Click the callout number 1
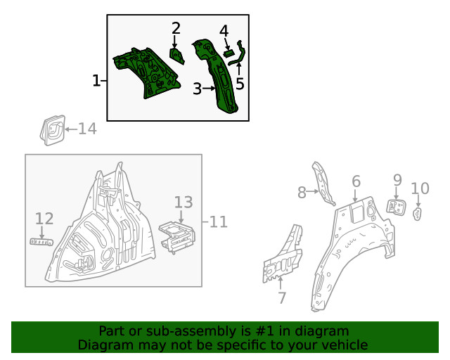pos(96,82)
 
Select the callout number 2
pos(176,28)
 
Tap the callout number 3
pos(198,89)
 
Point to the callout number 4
pos(224,31)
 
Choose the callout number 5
pos(240,84)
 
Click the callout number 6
pos(356,181)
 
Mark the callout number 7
pos(281,297)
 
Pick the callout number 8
pos(302,192)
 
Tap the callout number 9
pos(397,180)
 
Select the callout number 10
pos(420,188)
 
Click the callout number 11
pos(219,222)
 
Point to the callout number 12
pos(44,219)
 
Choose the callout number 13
pos(183,202)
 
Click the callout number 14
pos(87,129)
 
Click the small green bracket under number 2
pos(176,56)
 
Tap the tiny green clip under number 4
pos(228,52)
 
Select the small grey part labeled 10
pos(418,213)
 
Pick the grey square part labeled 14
pos(51,131)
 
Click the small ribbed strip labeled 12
pos(41,242)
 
